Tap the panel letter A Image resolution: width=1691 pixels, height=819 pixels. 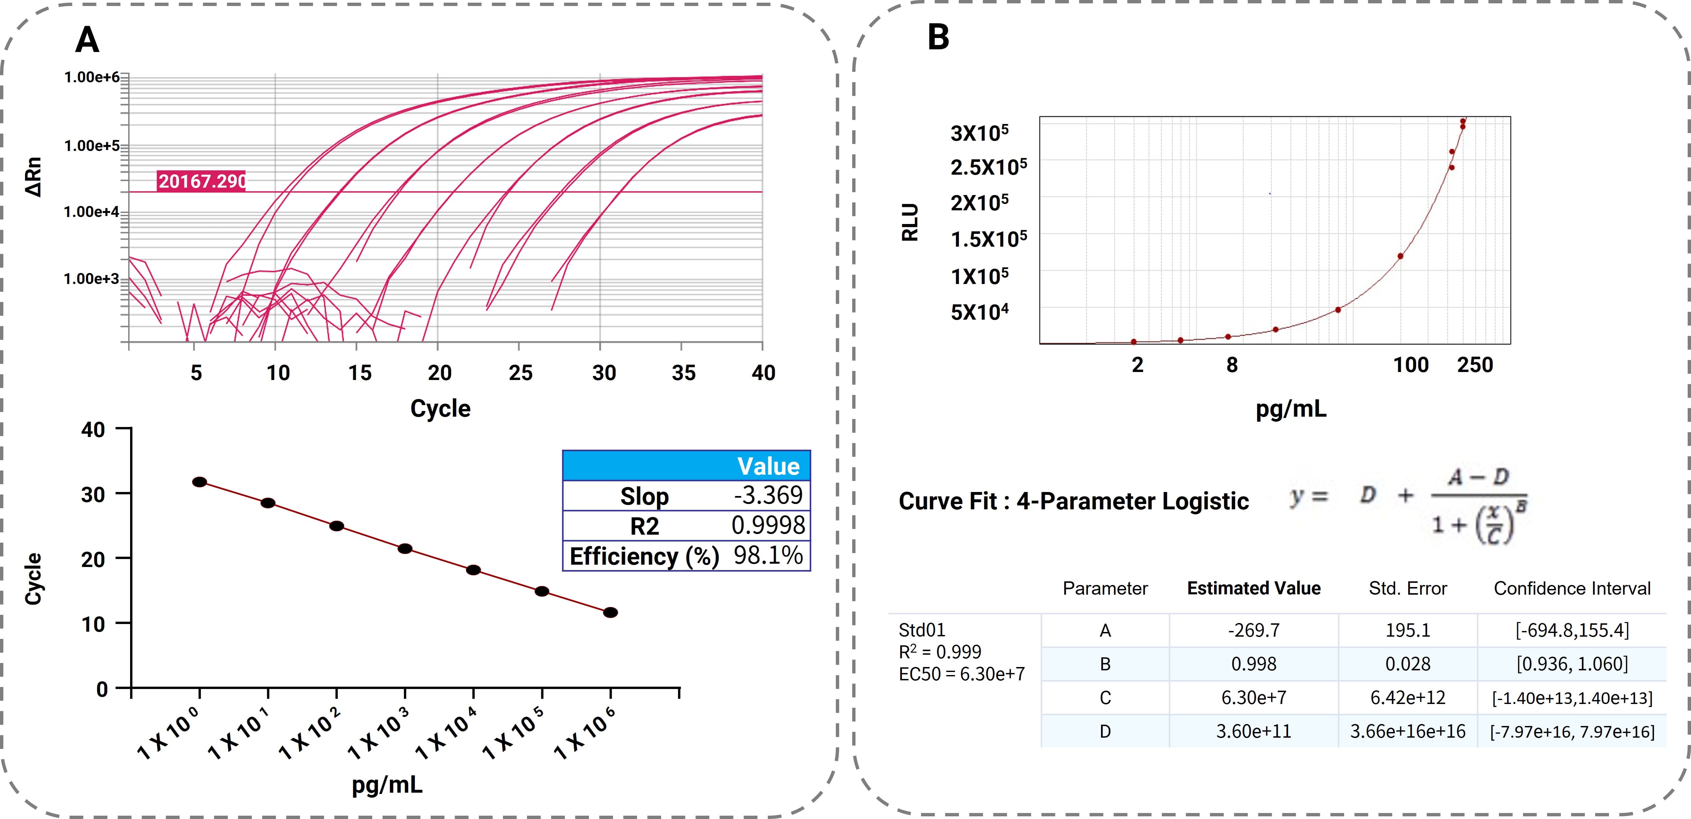(87, 40)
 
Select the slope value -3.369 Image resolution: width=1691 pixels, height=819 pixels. (768, 495)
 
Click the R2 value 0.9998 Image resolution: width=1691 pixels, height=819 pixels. (768, 526)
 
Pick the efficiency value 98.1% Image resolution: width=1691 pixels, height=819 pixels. (768, 556)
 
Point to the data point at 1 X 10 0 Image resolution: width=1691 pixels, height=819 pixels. (199, 482)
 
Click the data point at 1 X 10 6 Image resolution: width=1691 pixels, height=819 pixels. (610, 613)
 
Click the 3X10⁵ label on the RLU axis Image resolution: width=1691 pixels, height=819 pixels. (980, 133)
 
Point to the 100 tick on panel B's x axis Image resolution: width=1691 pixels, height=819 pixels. (1411, 365)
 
